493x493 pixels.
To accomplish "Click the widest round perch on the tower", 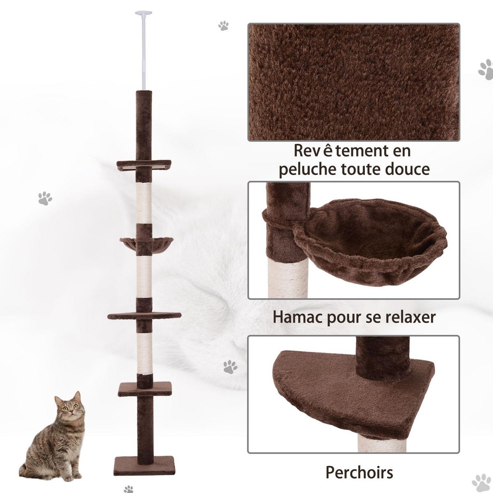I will (144, 316).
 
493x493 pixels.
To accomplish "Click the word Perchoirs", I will (359, 472).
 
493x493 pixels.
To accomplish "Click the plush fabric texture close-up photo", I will (353, 82).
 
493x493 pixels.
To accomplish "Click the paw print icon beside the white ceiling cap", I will (223, 26).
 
